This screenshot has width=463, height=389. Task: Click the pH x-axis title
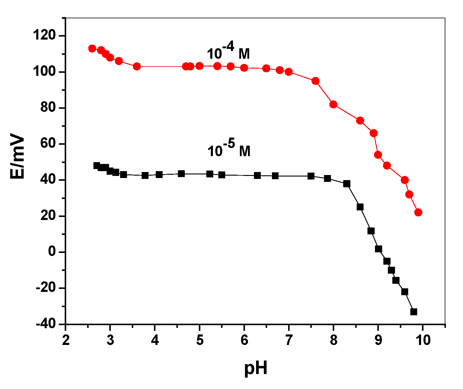[x=255, y=368]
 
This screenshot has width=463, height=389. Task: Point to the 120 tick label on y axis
[x=44, y=36]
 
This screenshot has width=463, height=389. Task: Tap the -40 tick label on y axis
[x=46, y=324]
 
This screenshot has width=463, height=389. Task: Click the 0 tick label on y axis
[x=52, y=252]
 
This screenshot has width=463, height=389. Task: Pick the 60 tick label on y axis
[x=48, y=144]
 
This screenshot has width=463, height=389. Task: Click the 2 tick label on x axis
[x=66, y=340]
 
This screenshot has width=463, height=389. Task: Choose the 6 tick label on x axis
[x=244, y=340]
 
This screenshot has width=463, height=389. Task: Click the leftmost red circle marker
[x=92, y=49]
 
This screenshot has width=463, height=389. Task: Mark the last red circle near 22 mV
[x=418, y=212]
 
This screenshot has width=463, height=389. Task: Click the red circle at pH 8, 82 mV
[x=333, y=104]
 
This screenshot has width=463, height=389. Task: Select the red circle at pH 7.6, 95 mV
[x=315, y=81]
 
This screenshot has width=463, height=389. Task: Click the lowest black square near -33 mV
[x=414, y=312]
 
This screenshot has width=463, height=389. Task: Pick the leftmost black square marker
[x=97, y=165]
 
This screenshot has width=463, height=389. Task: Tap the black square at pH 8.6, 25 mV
[x=360, y=207]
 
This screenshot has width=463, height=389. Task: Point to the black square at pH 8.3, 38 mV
[x=347, y=184]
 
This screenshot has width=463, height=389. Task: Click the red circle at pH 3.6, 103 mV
[x=137, y=67]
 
